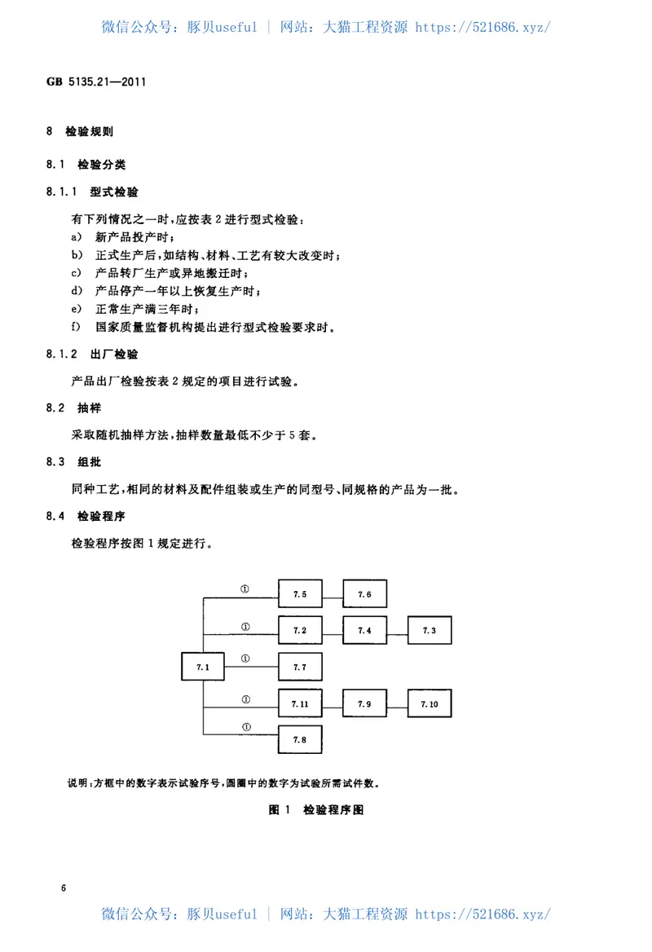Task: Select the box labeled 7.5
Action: pyautogui.click(x=300, y=594)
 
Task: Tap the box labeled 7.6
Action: pyautogui.click(x=364, y=594)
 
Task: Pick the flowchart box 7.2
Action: pyautogui.click(x=300, y=630)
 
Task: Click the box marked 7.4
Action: pyautogui.click(x=364, y=630)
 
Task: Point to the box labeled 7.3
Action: pyautogui.click(x=430, y=630)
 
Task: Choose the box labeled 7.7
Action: pyautogui.click(x=300, y=667)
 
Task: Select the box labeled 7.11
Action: pyautogui.click(x=300, y=703)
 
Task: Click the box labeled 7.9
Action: pyautogui.click(x=364, y=703)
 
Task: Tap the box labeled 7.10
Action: pyautogui.click(x=430, y=703)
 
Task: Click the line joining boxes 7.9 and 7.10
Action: pyautogui.click(x=397, y=703)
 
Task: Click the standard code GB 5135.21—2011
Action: pyautogui.click(x=96, y=82)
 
